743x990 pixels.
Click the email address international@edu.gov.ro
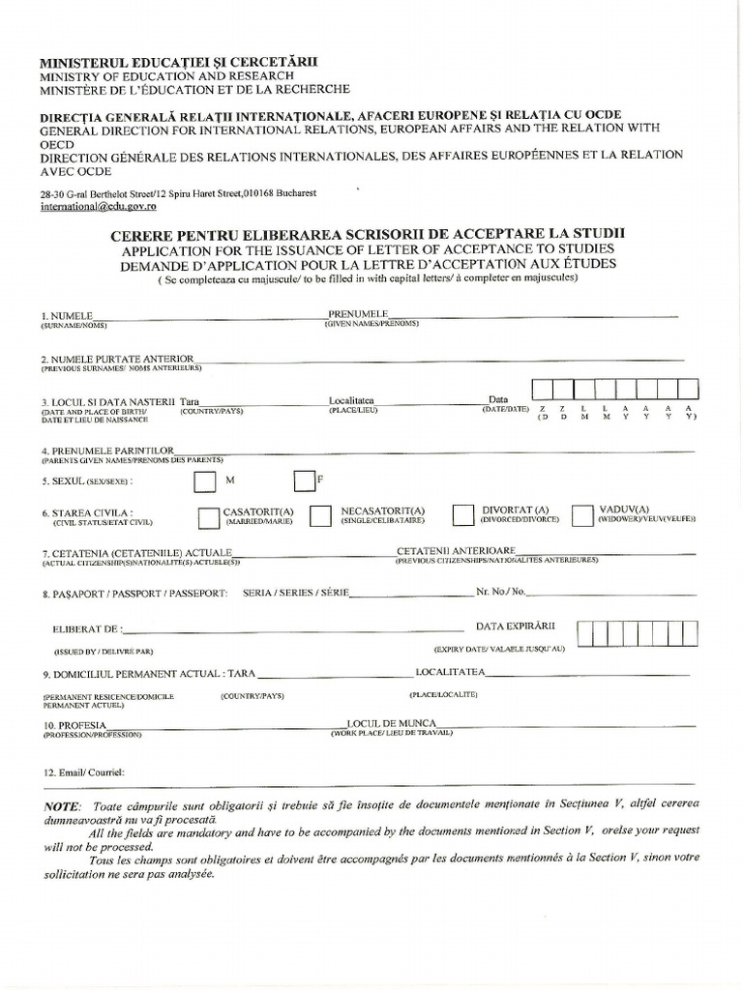99,206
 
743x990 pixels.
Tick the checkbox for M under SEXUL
205,481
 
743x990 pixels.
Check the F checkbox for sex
304,480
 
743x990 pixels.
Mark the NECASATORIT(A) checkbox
321,517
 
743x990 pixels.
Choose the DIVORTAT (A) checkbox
463,515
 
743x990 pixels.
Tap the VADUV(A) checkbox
581,515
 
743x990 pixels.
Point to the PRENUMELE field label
358,314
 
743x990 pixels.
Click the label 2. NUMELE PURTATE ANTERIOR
117,358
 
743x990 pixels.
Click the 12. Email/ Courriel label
82,772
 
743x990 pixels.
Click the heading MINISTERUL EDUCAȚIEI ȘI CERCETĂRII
178,62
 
